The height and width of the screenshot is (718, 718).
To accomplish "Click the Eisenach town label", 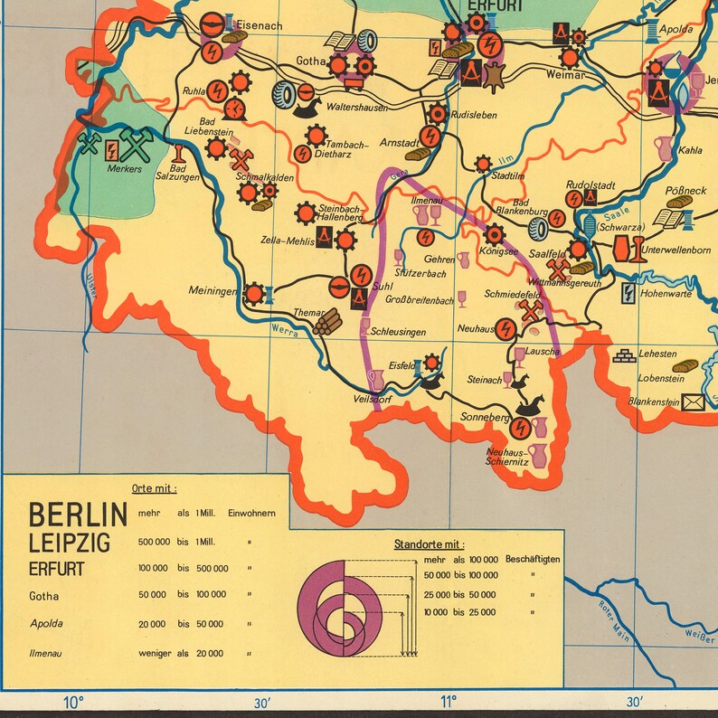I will (x=260, y=26).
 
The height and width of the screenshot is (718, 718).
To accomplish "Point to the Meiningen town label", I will (x=213, y=291).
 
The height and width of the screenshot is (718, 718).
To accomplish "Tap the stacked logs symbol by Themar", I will (x=329, y=320).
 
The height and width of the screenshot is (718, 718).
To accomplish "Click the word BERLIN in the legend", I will (x=78, y=515).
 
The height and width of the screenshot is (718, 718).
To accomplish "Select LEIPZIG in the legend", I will (x=70, y=543).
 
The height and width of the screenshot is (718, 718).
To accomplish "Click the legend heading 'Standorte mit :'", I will (x=429, y=544).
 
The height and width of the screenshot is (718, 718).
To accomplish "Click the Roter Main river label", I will (x=613, y=619).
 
